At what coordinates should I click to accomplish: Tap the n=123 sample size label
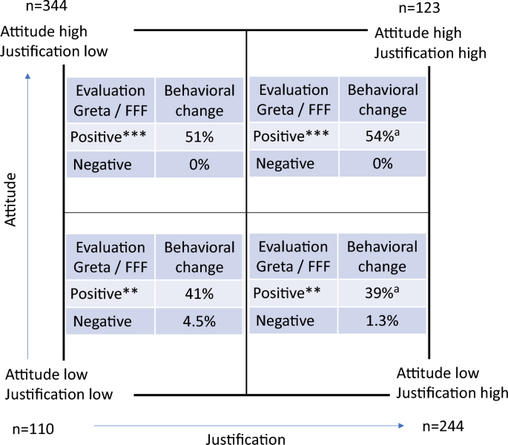click(x=420, y=8)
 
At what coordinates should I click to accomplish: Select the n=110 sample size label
click(x=34, y=429)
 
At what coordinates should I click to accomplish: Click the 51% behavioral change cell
click(x=199, y=137)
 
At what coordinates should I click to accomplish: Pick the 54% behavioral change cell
click(x=382, y=137)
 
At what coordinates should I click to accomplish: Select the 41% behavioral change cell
click(x=199, y=294)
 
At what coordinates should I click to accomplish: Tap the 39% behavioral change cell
click(x=382, y=294)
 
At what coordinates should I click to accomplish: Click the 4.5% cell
click(x=199, y=321)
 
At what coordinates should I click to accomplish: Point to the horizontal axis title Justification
click(x=246, y=439)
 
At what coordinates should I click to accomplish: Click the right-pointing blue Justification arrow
click(x=248, y=426)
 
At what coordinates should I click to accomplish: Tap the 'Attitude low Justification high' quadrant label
click(x=452, y=383)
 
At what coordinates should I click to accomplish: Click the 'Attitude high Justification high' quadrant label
click(x=430, y=43)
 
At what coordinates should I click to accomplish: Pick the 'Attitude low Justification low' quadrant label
click(x=59, y=384)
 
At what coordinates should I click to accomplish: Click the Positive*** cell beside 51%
click(x=110, y=137)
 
